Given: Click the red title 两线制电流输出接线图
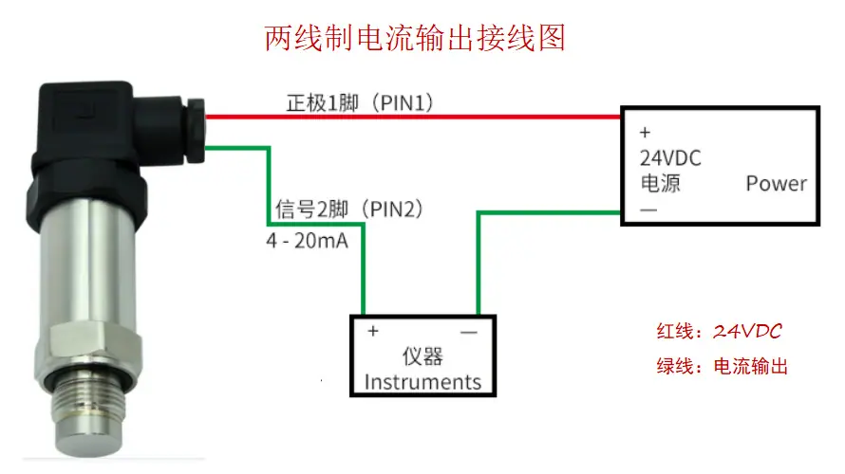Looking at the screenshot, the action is click(x=415, y=38).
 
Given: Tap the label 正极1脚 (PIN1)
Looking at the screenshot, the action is click(x=360, y=102).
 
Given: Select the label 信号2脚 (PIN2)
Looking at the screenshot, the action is click(x=349, y=209).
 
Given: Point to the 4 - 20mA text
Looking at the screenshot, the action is click(x=308, y=241).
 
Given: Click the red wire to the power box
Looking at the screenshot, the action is click(x=413, y=117).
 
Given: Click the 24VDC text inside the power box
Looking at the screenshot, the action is click(x=670, y=158).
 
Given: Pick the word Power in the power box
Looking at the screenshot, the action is click(x=777, y=184).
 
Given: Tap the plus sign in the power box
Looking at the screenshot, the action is click(x=645, y=133).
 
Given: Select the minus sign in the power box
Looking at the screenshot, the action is click(x=648, y=210).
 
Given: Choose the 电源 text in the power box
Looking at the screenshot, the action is click(x=660, y=183).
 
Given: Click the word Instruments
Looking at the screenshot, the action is click(x=422, y=382).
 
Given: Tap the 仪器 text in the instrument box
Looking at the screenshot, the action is click(x=422, y=356).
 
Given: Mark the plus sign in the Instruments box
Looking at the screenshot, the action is click(x=373, y=331).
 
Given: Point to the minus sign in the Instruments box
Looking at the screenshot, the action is click(x=469, y=333).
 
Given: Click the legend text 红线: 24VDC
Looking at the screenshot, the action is click(x=719, y=331).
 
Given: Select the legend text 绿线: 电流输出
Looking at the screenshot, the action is click(x=723, y=366).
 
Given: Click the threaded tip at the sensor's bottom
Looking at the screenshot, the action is click(x=89, y=414).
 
